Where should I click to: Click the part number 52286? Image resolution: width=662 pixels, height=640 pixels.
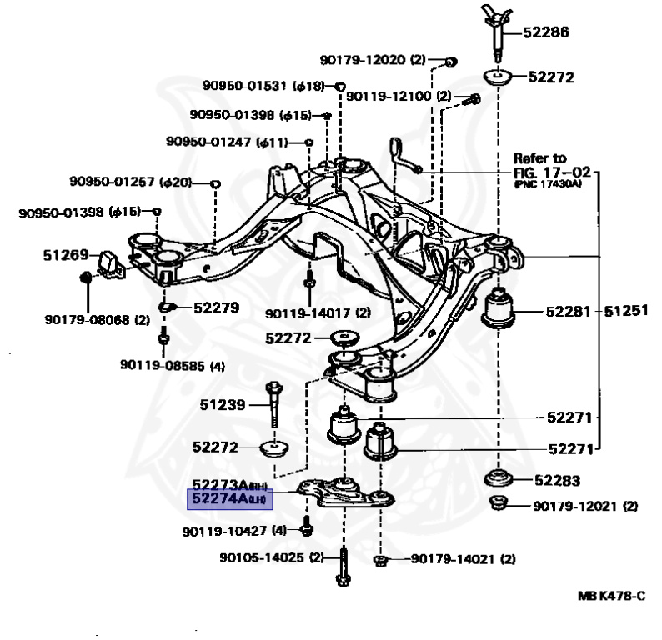[546, 34]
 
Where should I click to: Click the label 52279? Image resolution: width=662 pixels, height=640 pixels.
[216, 307]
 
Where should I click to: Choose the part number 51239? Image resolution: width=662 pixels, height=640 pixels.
[223, 406]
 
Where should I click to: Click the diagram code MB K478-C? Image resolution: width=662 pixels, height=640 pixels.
[611, 597]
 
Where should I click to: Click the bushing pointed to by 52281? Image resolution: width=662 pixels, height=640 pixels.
[501, 310]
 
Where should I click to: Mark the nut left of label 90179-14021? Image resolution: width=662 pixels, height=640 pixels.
[381, 559]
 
